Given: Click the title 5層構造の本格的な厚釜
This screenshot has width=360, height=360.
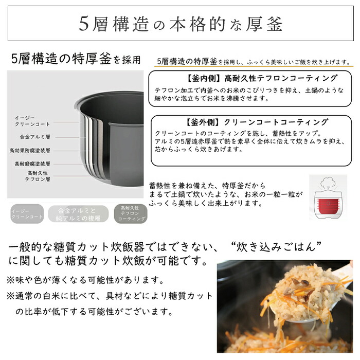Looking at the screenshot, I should tap(181, 24).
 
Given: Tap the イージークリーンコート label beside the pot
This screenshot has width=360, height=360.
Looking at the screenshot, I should tap(32, 121).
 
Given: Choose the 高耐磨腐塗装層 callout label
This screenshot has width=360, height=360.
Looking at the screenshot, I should tap(33, 164).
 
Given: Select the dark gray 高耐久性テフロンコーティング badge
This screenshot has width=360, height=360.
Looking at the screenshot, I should tap(127, 213).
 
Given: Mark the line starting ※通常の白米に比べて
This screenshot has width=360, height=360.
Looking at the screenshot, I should tap(108, 296).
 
